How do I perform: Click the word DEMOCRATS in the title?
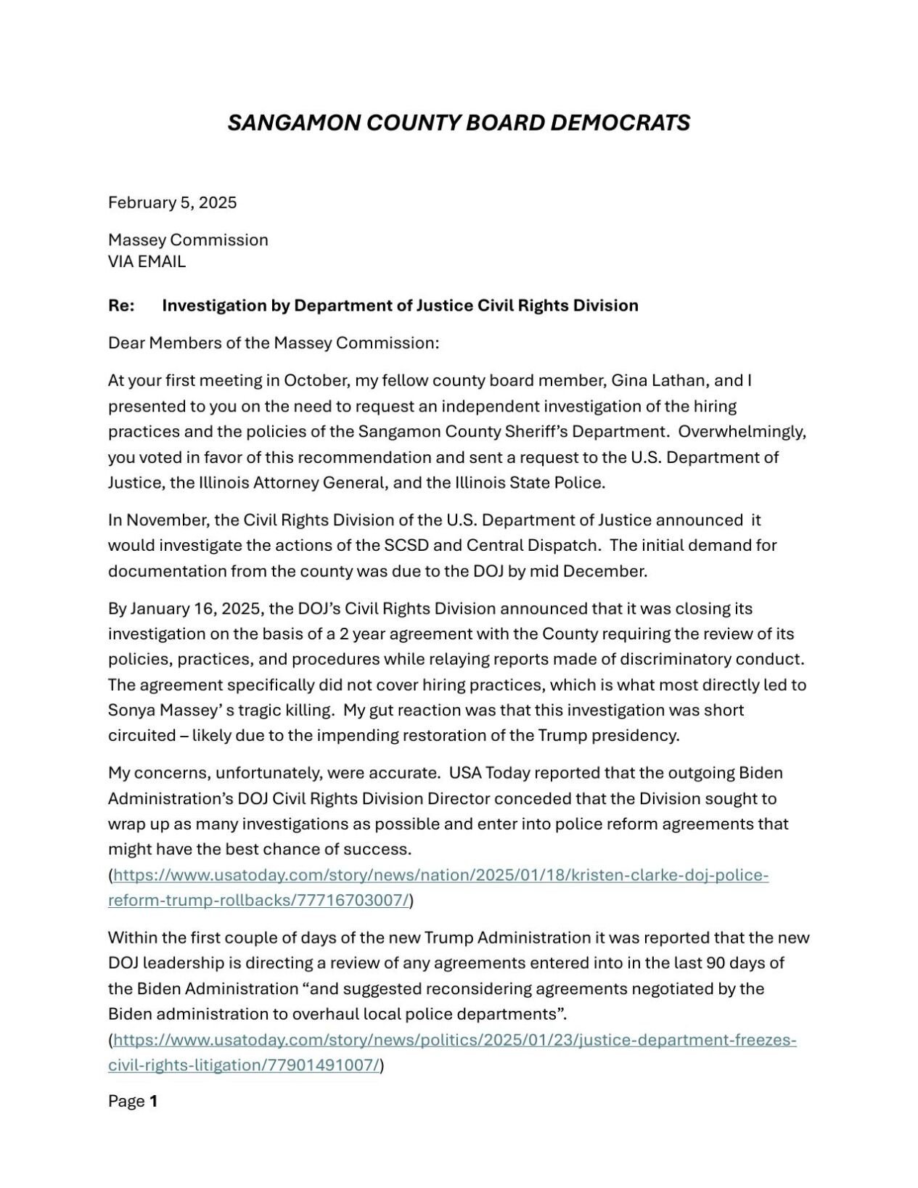[620, 123]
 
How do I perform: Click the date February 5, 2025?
[172, 202]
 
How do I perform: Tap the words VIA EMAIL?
[147, 262]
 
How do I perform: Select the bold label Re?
[121, 306]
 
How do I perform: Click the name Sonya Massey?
[156, 710]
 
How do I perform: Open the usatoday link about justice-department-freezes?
[454, 1040]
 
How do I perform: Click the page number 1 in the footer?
[153, 1102]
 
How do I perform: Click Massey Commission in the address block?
[188, 240]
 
